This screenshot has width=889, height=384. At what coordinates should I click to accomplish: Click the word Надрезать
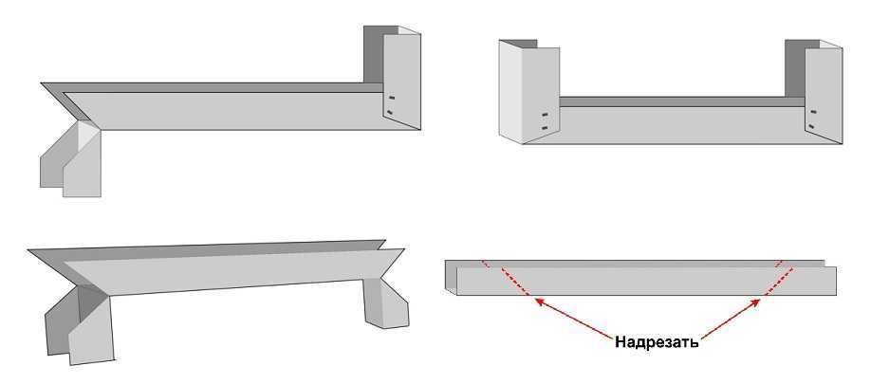[x=657, y=342]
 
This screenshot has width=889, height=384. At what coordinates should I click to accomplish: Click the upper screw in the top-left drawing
[x=391, y=98]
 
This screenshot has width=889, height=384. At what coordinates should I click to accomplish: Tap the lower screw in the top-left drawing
[x=390, y=112]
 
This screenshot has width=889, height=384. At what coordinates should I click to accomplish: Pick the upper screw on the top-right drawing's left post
[x=545, y=115]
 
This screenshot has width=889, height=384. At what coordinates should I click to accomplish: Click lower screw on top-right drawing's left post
[x=545, y=128]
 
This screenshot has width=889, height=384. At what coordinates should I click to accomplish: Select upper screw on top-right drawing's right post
[x=814, y=112]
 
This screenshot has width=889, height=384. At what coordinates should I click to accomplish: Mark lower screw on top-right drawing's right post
[x=812, y=126]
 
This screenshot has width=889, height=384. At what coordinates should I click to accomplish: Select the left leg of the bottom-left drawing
[x=80, y=325]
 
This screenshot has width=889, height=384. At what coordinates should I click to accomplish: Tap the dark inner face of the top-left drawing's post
[x=373, y=54]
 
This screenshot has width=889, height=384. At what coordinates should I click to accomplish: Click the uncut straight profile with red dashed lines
[x=640, y=278]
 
